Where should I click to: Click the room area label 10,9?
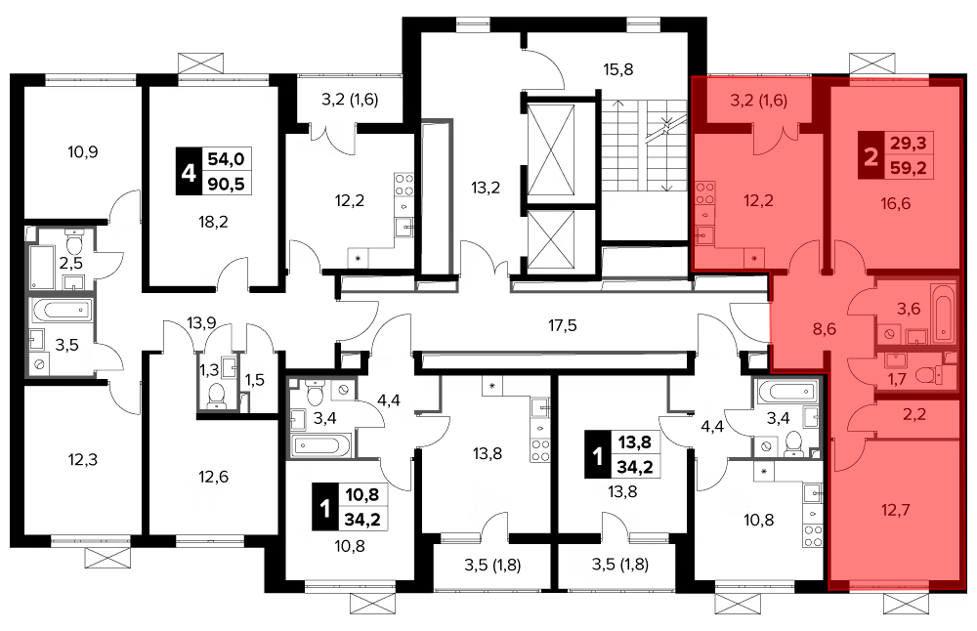[x=83, y=151]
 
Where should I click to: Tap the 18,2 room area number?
[x=213, y=222]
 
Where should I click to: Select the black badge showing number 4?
[x=189, y=171]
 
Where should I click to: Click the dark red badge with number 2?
[x=871, y=155]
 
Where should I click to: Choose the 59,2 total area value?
[x=908, y=168]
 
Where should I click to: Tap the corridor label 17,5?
[x=562, y=325]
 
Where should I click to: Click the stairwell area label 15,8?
[x=618, y=69]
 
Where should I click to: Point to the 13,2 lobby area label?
[x=486, y=187]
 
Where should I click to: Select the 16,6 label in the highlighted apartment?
[x=895, y=203]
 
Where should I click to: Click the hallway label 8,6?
[x=825, y=329]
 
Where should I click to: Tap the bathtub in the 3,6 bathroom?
[x=943, y=314]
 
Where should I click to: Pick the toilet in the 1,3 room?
[x=216, y=395]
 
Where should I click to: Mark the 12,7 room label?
[x=895, y=510]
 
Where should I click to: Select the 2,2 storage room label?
[x=914, y=414]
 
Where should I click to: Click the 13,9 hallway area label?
[x=201, y=322]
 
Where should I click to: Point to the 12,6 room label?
[x=213, y=477]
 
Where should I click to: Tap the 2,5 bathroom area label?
[x=70, y=262]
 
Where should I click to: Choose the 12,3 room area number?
[x=83, y=460]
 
